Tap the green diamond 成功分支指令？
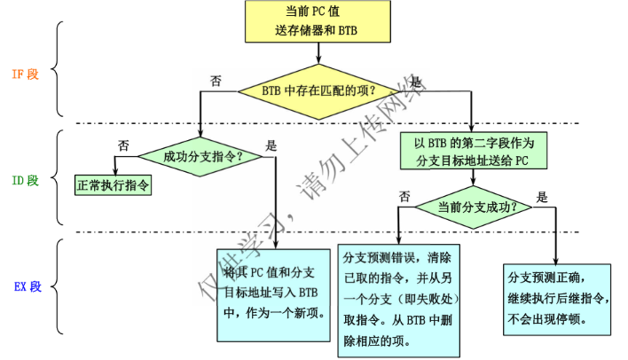(x=203, y=157)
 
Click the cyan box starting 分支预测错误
(x=399, y=301)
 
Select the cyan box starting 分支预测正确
(x=555, y=296)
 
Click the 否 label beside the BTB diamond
(x=216, y=80)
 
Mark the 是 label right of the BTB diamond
(x=417, y=82)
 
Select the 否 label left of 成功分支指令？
(x=124, y=145)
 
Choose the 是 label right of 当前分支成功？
(x=542, y=197)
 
